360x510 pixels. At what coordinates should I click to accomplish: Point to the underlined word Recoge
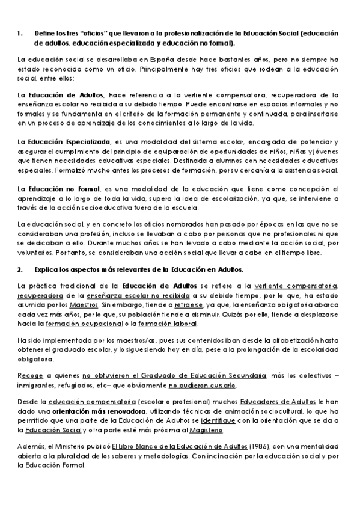click(x=29, y=376)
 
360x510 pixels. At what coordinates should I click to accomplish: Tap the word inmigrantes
click(x=37, y=386)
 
